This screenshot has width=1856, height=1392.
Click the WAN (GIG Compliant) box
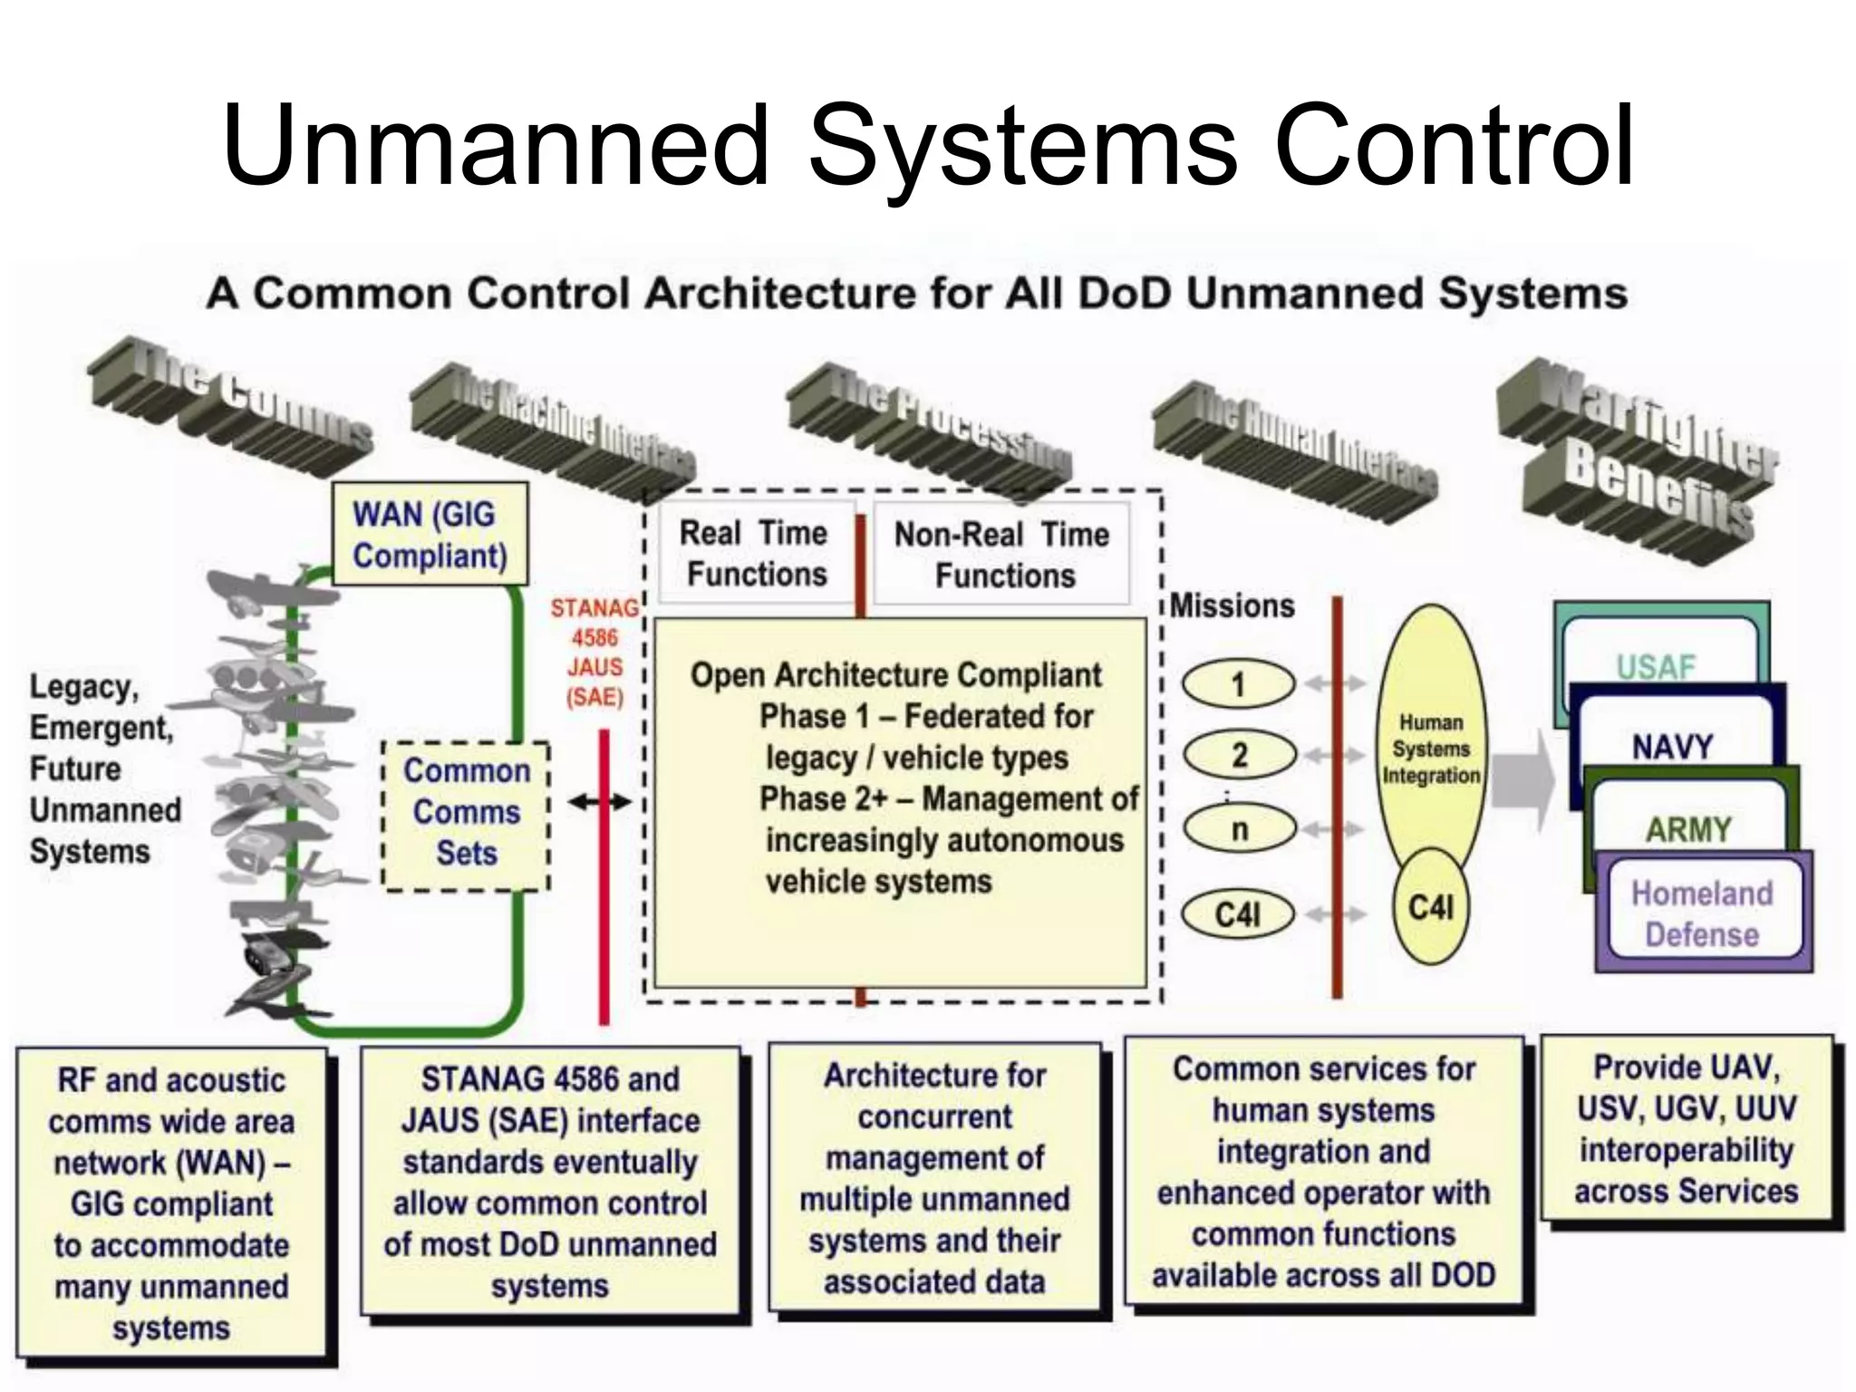[x=429, y=536]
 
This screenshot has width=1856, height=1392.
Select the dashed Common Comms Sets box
[x=466, y=813]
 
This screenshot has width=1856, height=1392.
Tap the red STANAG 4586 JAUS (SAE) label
[x=594, y=652]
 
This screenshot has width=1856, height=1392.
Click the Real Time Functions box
[x=755, y=554]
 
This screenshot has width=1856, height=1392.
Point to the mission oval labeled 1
[x=1239, y=685]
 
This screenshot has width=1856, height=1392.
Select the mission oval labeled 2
[x=1239, y=755]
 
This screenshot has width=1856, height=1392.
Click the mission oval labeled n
[x=1239, y=829]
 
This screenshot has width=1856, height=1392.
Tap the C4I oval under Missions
[x=1238, y=914]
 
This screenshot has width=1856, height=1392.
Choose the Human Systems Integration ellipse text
[x=1431, y=749]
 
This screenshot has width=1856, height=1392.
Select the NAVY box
[x=1673, y=747]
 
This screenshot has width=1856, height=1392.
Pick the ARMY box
[x=1688, y=828]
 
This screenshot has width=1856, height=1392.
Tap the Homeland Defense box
[x=1702, y=913]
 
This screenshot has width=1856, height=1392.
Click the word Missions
[x=1232, y=605]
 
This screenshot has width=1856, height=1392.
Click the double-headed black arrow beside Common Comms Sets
[x=599, y=802]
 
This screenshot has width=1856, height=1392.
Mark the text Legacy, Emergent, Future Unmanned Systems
[x=103, y=768]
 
